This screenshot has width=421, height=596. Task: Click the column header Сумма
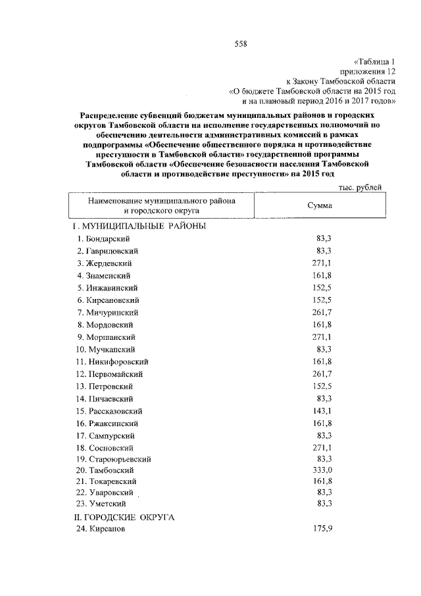coord(319,205)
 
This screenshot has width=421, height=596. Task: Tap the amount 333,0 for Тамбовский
coord(319,470)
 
